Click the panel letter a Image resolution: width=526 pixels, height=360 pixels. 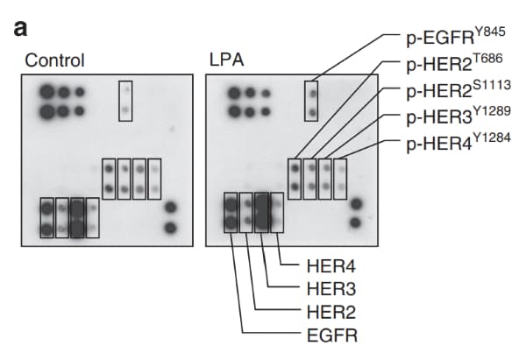pos(20,28)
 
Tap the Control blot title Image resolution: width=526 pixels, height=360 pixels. pos(54,60)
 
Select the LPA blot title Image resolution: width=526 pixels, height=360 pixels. pos(226,60)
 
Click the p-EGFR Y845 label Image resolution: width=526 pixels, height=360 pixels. pos(456,36)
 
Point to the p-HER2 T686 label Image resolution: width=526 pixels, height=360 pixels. pos(454,63)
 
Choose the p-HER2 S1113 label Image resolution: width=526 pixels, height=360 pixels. pos(458,89)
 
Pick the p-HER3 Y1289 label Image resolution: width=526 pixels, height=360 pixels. pos(458,116)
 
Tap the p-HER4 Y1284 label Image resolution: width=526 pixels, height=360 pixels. pos(458,142)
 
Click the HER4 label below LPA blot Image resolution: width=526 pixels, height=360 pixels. pos(331,266)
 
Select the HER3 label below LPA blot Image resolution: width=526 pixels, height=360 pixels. pos(331,289)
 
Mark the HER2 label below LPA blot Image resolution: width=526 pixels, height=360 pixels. pos(331,312)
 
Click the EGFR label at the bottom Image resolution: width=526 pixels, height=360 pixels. pos(332,335)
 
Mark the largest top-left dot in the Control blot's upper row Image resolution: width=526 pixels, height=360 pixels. pos(47,92)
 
